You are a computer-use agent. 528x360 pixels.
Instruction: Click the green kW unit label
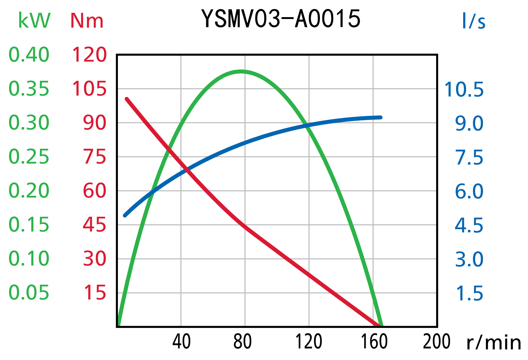(34, 21)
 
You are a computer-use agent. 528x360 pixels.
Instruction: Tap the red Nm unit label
(87, 21)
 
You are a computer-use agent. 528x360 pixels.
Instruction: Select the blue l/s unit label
(474, 21)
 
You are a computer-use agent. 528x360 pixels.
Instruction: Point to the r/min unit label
(494, 343)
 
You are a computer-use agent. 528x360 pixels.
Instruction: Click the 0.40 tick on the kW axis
(29, 55)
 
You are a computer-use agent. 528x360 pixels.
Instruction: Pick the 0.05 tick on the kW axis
(29, 293)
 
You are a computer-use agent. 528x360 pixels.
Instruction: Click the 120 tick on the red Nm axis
(89, 55)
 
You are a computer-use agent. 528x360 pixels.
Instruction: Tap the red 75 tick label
(94, 157)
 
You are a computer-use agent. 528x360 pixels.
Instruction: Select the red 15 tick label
(95, 293)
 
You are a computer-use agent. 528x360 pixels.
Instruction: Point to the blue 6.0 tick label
(469, 191)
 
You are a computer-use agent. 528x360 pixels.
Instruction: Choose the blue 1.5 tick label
(469, 293)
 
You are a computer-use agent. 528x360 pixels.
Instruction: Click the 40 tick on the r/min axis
(181, 342)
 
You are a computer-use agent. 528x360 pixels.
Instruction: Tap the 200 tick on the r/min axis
(436, 342)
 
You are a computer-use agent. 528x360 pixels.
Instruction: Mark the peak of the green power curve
(241, 71)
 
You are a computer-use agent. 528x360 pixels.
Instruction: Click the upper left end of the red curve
(127, 99)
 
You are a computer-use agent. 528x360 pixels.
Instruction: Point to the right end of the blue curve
(380, 118)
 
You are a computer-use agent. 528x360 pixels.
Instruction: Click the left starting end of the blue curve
(125, 215)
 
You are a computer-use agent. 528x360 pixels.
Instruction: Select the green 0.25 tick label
(29, 157)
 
